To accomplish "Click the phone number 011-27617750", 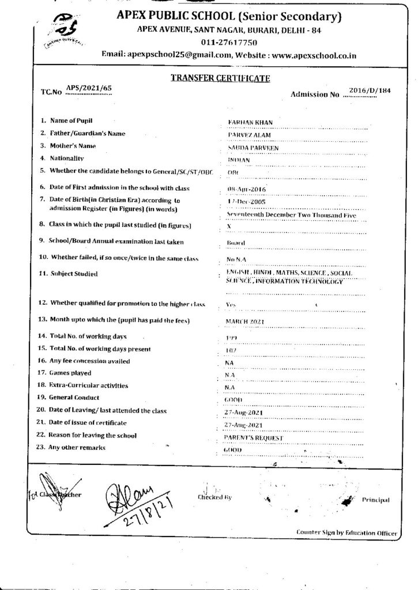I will click(x=228, y=43).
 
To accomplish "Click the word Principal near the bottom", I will click(x=376, y=500).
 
